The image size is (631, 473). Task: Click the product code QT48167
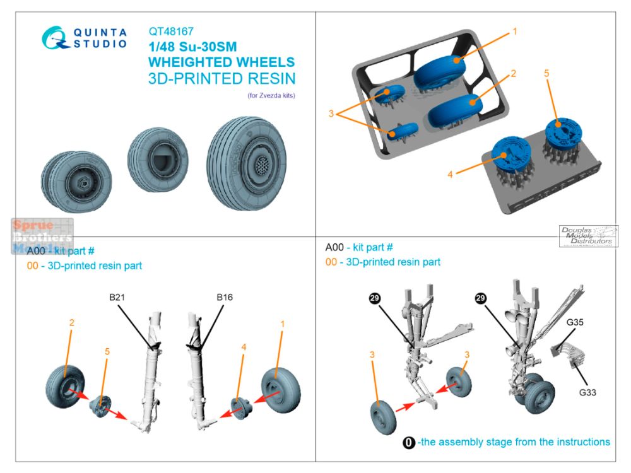tap(171, 31)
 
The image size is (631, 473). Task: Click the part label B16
tap(224, 297)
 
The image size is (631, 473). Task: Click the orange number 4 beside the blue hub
tap(450, 173)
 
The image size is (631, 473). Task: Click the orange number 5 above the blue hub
tap(546, 73)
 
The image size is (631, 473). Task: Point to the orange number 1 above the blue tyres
tap(515, 31)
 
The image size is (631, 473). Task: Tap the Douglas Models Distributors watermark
tap(588, 236)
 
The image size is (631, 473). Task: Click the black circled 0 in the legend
tap(409, 442)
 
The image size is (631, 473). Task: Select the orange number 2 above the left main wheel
tap(71, 322)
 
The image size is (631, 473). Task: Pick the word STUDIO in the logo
tap(101, 45)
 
